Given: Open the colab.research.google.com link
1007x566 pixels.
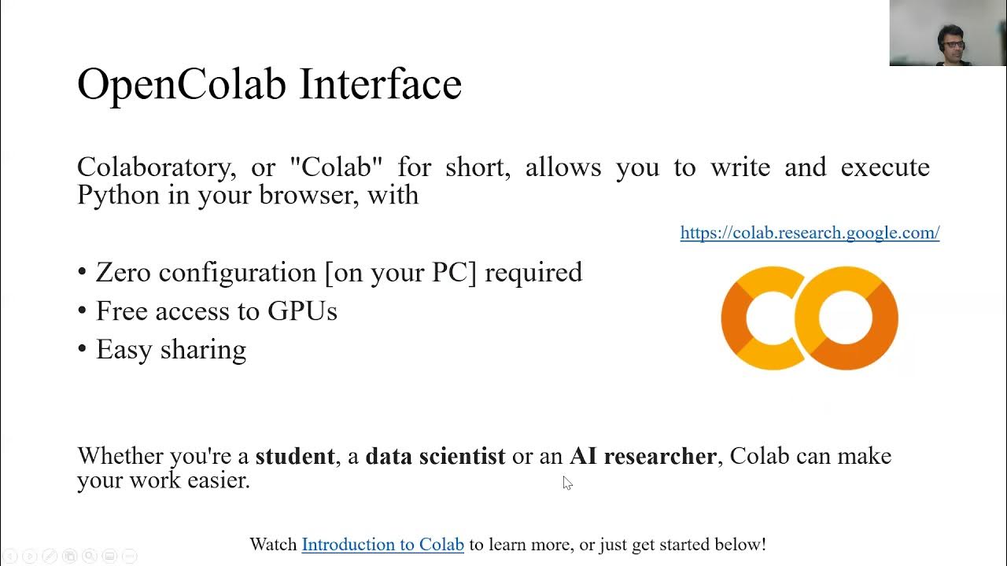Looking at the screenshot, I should coord(810,233).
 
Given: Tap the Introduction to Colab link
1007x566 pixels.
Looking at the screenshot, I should coord(382,544).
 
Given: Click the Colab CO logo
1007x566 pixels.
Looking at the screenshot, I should coord(810,318).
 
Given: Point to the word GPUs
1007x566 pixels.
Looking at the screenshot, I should coord(302,311).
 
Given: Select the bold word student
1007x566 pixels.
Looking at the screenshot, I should coord(294,456).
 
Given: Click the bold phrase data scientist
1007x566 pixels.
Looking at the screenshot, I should coord(435,456).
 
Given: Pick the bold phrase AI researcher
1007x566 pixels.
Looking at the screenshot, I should coord(643,456).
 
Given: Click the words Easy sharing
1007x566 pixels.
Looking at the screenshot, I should coord(171,350).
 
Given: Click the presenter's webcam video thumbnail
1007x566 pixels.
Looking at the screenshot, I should coord(948,33).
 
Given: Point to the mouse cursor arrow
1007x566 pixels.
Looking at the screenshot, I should coord(566,482).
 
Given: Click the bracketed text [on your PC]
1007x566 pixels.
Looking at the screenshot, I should coord(400,273).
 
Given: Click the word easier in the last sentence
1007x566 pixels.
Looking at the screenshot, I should coord(218,480).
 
